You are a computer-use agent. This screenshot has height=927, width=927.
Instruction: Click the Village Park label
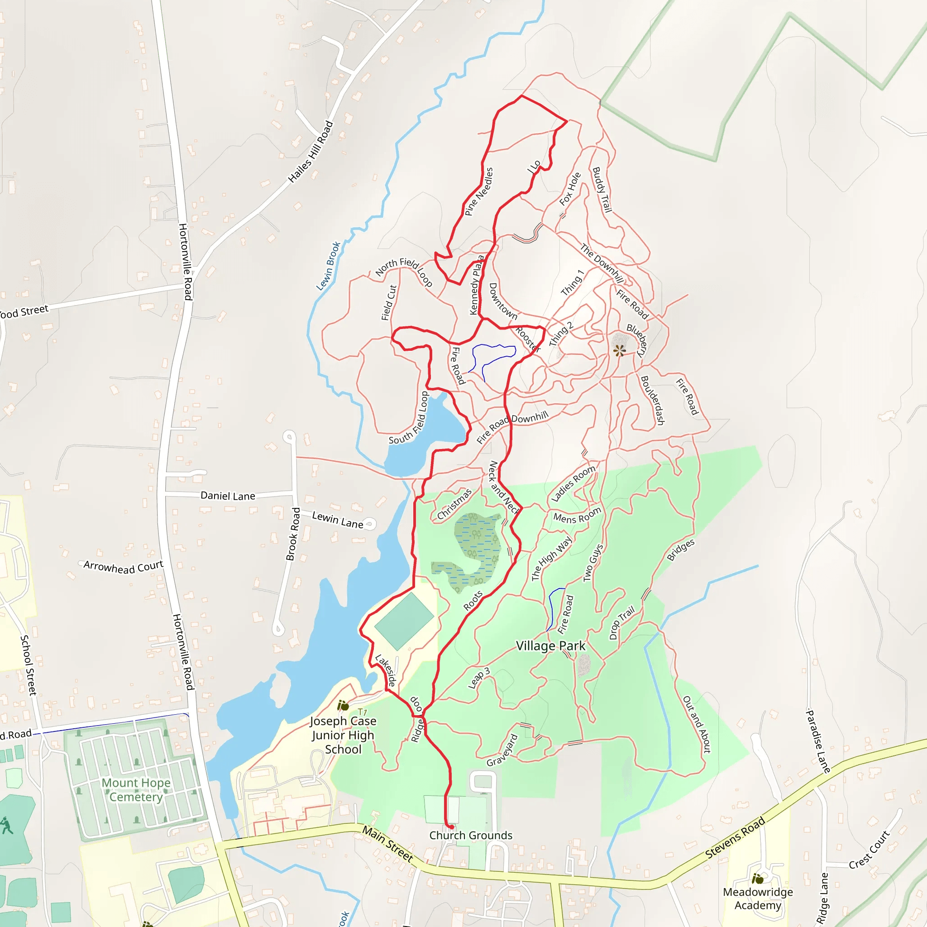[550, 646]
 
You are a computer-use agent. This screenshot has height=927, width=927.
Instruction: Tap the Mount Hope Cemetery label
[136, 789]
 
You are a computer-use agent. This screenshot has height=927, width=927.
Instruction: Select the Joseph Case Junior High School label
[343, 735]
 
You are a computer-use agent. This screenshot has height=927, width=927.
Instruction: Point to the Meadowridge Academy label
[758, 898]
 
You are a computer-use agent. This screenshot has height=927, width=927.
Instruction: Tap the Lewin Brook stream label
[328, 266]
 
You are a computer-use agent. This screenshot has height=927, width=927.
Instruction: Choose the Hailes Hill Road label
[311, 152]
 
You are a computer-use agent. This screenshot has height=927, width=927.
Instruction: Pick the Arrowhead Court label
[123, 567]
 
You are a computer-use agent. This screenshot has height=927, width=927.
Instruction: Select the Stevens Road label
[735, 838]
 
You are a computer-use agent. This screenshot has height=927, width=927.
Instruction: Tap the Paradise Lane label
[817, 741]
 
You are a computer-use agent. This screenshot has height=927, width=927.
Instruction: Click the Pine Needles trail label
[479, 191]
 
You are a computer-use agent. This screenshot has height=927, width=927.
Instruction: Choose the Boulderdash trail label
[653, 400]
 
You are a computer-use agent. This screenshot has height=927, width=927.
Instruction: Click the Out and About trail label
[696, 724]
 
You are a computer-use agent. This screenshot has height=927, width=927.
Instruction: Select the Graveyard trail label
[502, 750]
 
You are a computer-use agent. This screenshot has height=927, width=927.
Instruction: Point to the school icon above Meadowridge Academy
[758, 879]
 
